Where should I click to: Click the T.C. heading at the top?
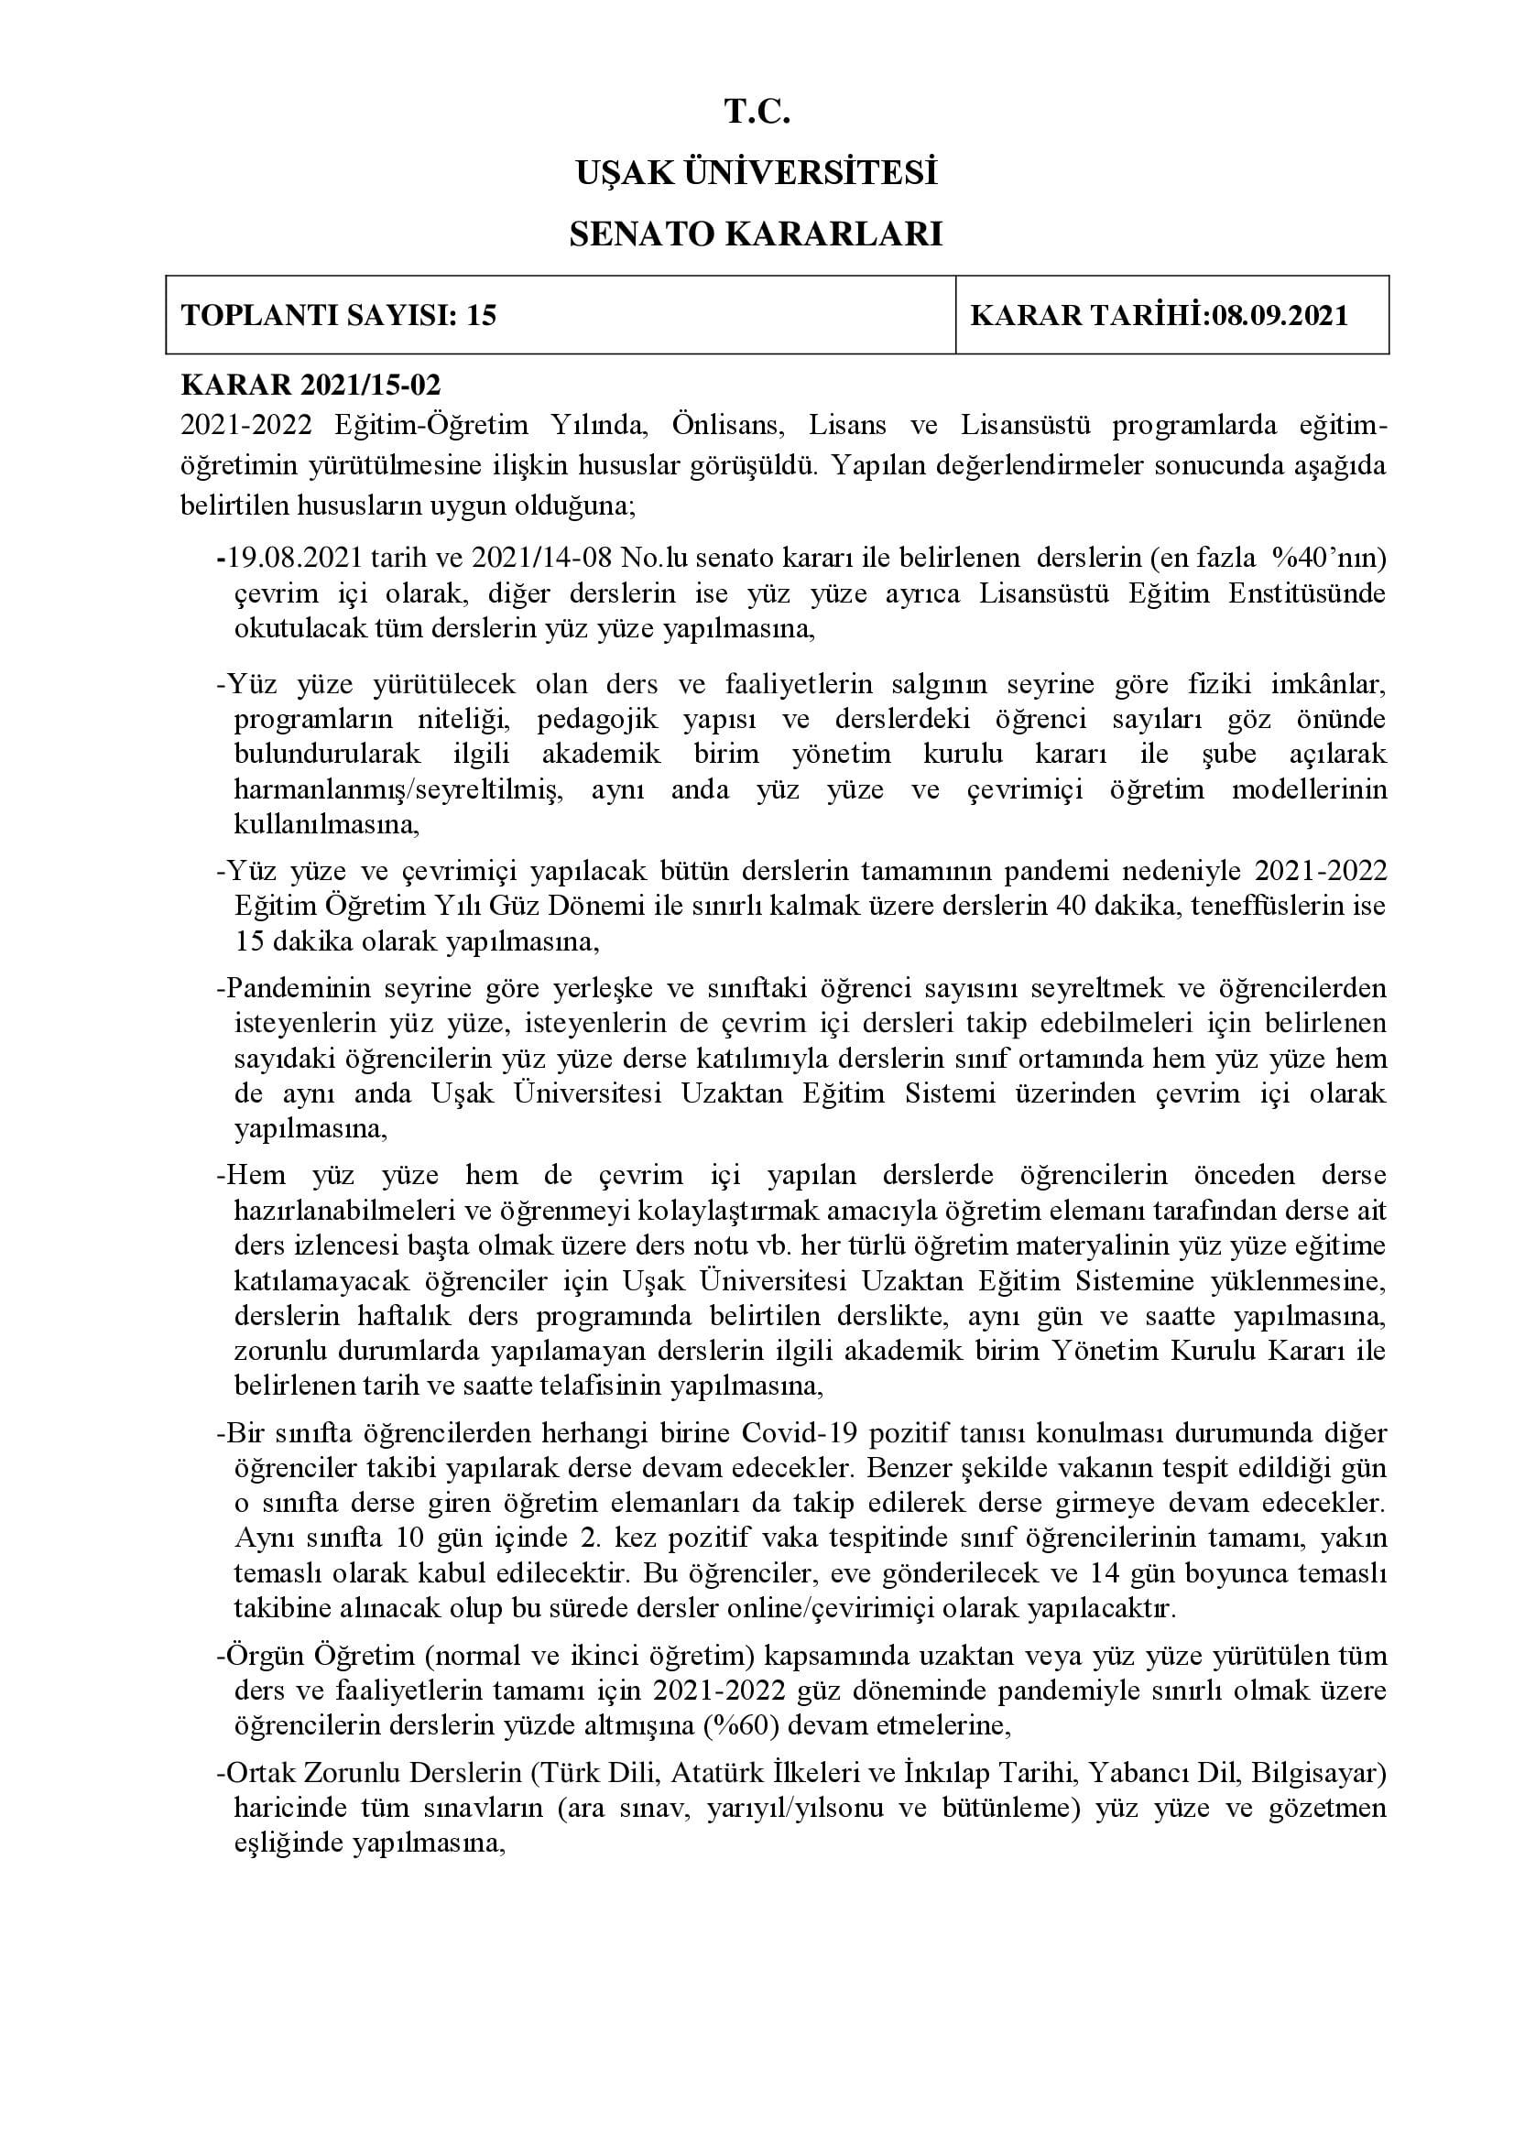[757, 113]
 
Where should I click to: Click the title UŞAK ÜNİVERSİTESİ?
[757, 173]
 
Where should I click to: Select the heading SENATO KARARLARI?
[757, 234]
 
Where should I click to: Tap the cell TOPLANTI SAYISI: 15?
[339, 315]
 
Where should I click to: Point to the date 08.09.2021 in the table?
[1280, 315]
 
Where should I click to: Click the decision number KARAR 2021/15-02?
[310, 386]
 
